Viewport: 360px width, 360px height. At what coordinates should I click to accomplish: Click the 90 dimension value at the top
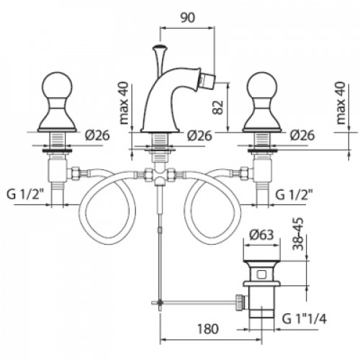[188, 18]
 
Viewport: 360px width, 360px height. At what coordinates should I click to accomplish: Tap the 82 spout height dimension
[218, 107]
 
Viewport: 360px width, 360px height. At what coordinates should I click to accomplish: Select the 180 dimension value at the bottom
[208, 329]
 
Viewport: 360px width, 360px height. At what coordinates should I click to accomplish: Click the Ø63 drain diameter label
[261, 235]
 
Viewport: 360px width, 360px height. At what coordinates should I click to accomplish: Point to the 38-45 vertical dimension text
[298, 234]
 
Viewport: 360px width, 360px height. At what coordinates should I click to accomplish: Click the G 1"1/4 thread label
[305, 319]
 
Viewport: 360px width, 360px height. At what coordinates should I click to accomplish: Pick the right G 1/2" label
[294, 194]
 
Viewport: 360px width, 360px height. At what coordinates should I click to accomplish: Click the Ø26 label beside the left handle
[97, 135]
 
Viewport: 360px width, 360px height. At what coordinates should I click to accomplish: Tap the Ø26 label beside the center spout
[199, 135]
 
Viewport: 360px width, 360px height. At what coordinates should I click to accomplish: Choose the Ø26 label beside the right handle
[302, 135]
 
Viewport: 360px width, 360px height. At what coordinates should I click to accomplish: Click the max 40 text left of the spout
[124, 103]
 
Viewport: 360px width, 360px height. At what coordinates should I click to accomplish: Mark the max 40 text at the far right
[341, 103]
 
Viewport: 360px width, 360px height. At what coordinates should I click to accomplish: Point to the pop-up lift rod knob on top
[159, 47]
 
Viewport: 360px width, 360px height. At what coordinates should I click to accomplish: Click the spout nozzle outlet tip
[208, 78]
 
